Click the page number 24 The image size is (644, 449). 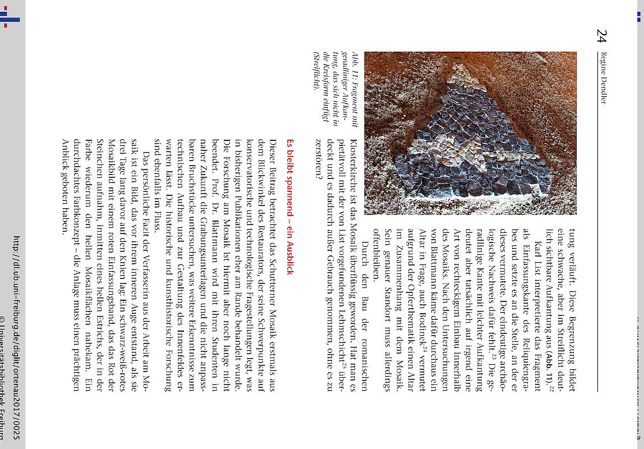coord(602,36)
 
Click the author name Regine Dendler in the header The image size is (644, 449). coord(603,78)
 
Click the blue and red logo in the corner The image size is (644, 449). coord(10,20)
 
